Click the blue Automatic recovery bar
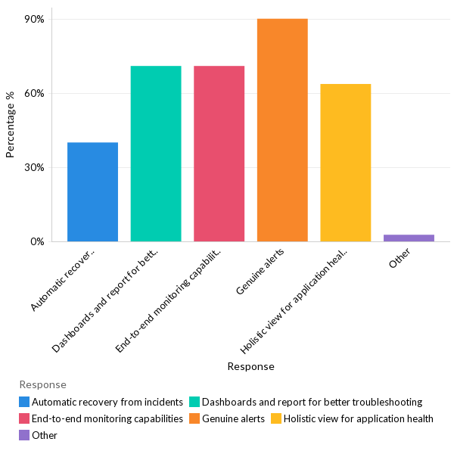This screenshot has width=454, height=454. click(x=92, y=192)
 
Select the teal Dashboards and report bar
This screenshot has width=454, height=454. click(x=156, y=154)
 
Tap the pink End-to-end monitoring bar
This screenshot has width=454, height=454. click(x=219, y=154)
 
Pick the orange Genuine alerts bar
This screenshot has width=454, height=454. click(x=282, y=130)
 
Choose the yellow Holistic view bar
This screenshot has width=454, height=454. click(x=345, y=163)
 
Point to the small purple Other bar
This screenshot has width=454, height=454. click(x=409, y=238)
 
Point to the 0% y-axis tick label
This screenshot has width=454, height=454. click(x=37, y=241)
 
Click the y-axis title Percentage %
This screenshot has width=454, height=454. click(x=11, y=130)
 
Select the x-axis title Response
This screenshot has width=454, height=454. click(x=250, y=366)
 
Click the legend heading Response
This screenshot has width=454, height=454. click(x=42, y=384)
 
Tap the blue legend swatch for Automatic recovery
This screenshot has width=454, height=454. click(x=25, y=402)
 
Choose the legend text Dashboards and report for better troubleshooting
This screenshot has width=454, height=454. click(x=312, y=402)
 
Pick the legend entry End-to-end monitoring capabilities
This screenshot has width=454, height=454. click(x=107, y=418)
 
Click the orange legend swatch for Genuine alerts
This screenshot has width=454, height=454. click(x=194, y=418)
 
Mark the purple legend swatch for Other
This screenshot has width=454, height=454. click(x=25, y=435)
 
